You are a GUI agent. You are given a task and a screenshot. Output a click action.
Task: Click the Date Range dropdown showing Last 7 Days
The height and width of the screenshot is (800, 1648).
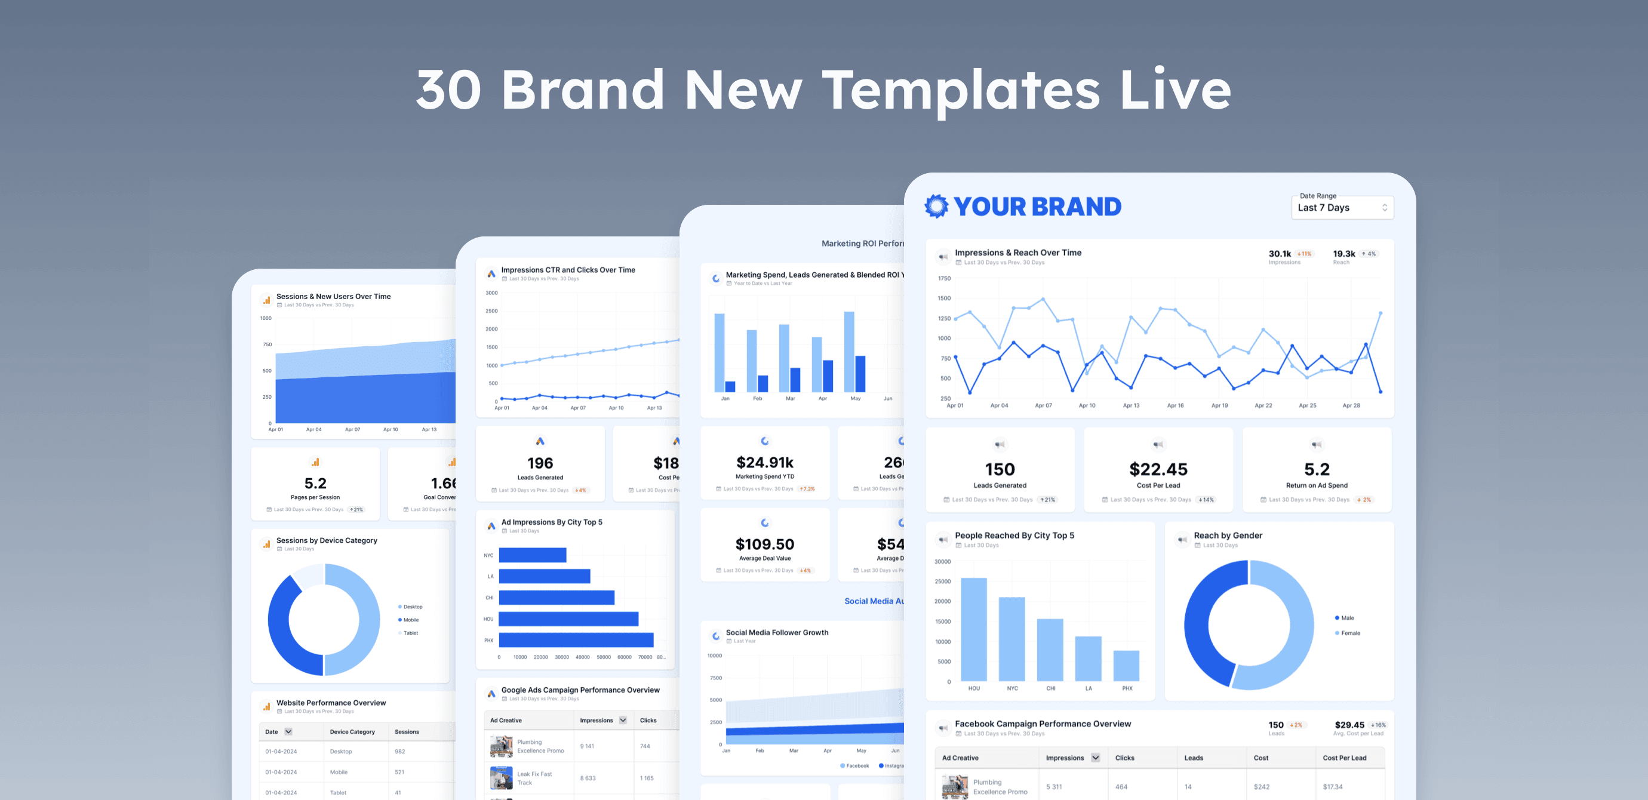(x=1342, y=207)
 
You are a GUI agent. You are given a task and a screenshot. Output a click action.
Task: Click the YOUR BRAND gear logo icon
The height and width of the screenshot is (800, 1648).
(x=937, y=207)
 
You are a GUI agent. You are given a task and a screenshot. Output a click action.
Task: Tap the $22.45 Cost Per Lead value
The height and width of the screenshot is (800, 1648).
(x=1158, y=469)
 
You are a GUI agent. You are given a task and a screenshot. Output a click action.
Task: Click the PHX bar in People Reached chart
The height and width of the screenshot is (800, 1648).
(x=1126, y=666)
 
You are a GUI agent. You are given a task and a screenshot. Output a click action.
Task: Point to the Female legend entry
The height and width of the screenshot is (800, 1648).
(x=1350, y=633)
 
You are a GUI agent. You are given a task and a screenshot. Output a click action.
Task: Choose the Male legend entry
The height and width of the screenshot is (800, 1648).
(x=1346, y=618)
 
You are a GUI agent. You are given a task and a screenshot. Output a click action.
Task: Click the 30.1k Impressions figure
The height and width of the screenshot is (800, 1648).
(x=1280, y=254)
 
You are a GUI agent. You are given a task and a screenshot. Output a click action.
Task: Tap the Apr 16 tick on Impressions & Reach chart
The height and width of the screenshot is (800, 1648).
(x=1175, y=405)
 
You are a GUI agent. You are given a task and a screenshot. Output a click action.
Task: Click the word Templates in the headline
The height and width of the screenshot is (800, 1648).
(x=961, y=91)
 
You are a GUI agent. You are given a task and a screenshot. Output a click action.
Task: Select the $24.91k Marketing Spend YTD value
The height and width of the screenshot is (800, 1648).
(x=764, y=462)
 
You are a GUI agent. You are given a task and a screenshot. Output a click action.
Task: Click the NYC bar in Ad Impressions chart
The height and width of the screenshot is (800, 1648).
(x=532, y=555)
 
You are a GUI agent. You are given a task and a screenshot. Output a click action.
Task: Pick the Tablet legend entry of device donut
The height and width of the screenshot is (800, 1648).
(x=410, y=633)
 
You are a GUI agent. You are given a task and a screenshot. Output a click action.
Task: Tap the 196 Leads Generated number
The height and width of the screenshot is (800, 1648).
(x=540, y=463)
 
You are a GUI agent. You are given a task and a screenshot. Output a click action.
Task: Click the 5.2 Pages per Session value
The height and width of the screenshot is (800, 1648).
(x=315, y=484)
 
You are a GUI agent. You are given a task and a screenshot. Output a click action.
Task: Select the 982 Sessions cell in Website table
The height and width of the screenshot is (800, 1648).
(x=400, y=752)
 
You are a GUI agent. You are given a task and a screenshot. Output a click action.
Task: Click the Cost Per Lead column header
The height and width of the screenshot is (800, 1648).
(x=1344, y=758)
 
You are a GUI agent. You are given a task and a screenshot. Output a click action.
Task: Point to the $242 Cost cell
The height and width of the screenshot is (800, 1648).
(x=1261, y=787)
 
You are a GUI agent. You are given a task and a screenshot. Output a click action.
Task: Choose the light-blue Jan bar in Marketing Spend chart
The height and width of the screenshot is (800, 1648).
(x=719, y=352)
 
